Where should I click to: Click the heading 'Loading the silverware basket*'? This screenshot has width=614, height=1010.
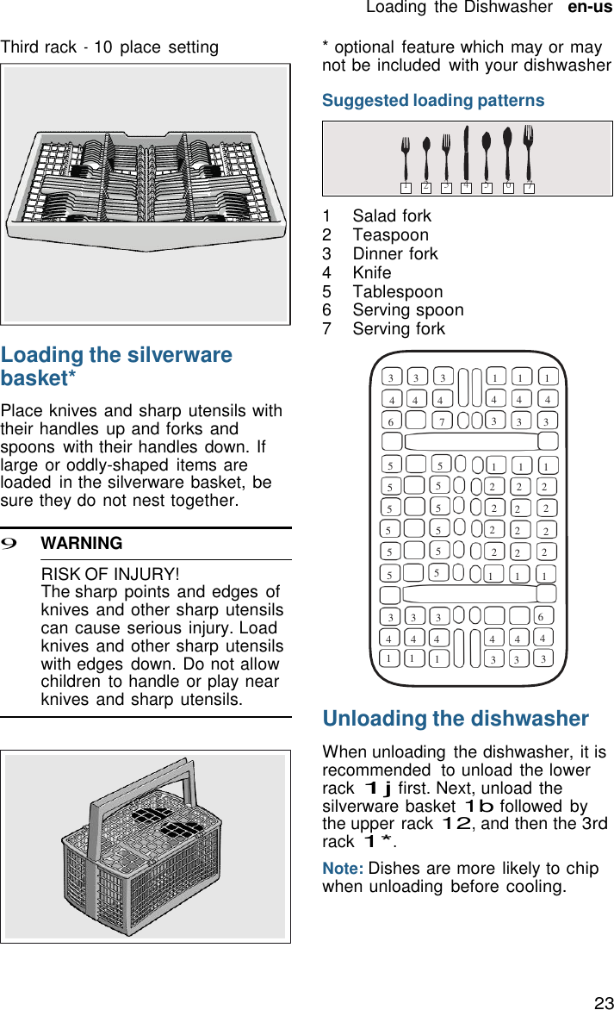coord(116,366)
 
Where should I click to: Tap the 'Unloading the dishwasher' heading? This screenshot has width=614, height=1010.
coord(456,719)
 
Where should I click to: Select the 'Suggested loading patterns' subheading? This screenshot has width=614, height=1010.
coord(433,101)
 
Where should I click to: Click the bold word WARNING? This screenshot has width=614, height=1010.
coord(82,544)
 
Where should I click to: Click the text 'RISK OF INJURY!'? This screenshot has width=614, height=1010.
coord(110,574)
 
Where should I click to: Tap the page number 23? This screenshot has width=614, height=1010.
coord(604,1002)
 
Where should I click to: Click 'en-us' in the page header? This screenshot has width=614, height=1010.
coord(590,8)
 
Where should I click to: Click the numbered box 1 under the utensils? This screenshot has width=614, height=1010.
coord(405,187)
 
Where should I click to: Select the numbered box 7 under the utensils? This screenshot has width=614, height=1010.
coord(529,187)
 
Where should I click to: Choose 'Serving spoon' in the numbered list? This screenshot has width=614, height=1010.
coord(407,310)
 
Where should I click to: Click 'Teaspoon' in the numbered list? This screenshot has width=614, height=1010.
coord(390,234)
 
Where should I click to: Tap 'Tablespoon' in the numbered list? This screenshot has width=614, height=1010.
coord(397,291)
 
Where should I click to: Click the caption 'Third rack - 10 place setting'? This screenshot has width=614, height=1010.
coord(109,47)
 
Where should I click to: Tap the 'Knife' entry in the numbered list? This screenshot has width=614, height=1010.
coord(371,272)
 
